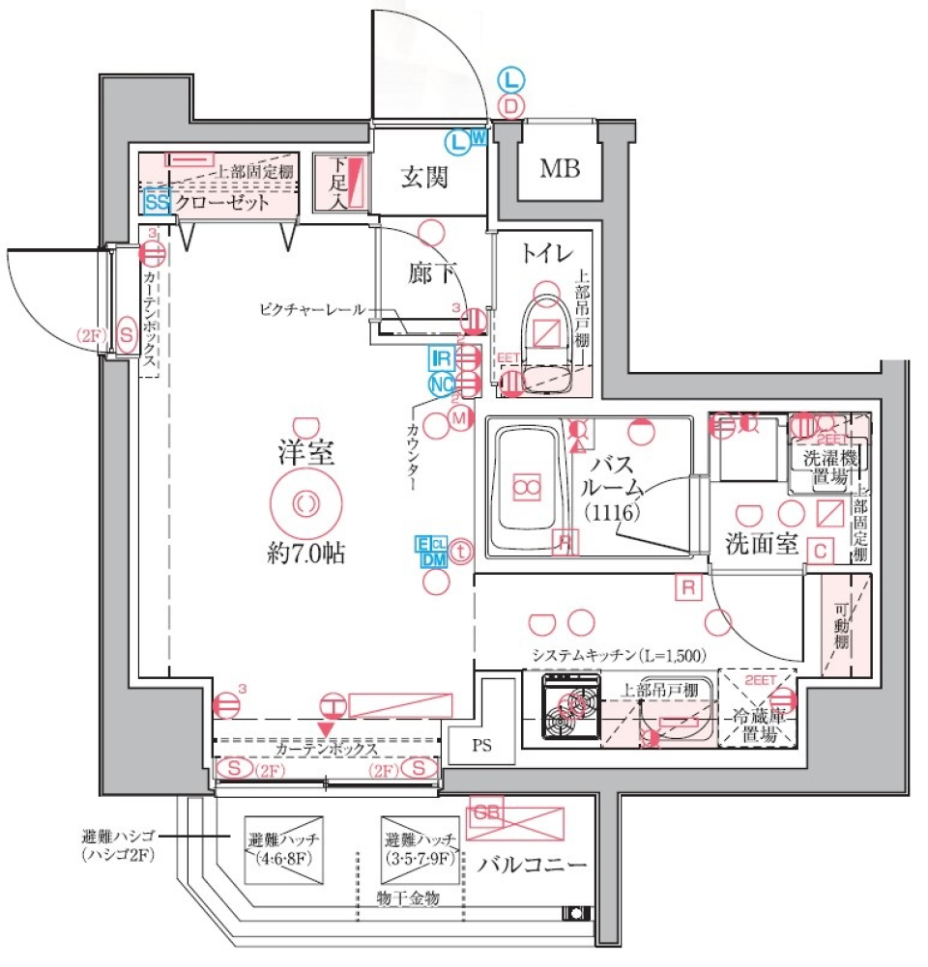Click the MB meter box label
point(560,171)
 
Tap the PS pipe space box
point(480,744)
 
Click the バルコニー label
point(531,863)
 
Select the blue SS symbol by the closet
point(157,202)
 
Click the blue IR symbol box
point(442,358)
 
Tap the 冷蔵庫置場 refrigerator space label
point(755,725)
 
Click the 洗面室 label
point(762,545)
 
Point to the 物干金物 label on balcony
point(407,898)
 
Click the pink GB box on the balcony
point(487,813)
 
